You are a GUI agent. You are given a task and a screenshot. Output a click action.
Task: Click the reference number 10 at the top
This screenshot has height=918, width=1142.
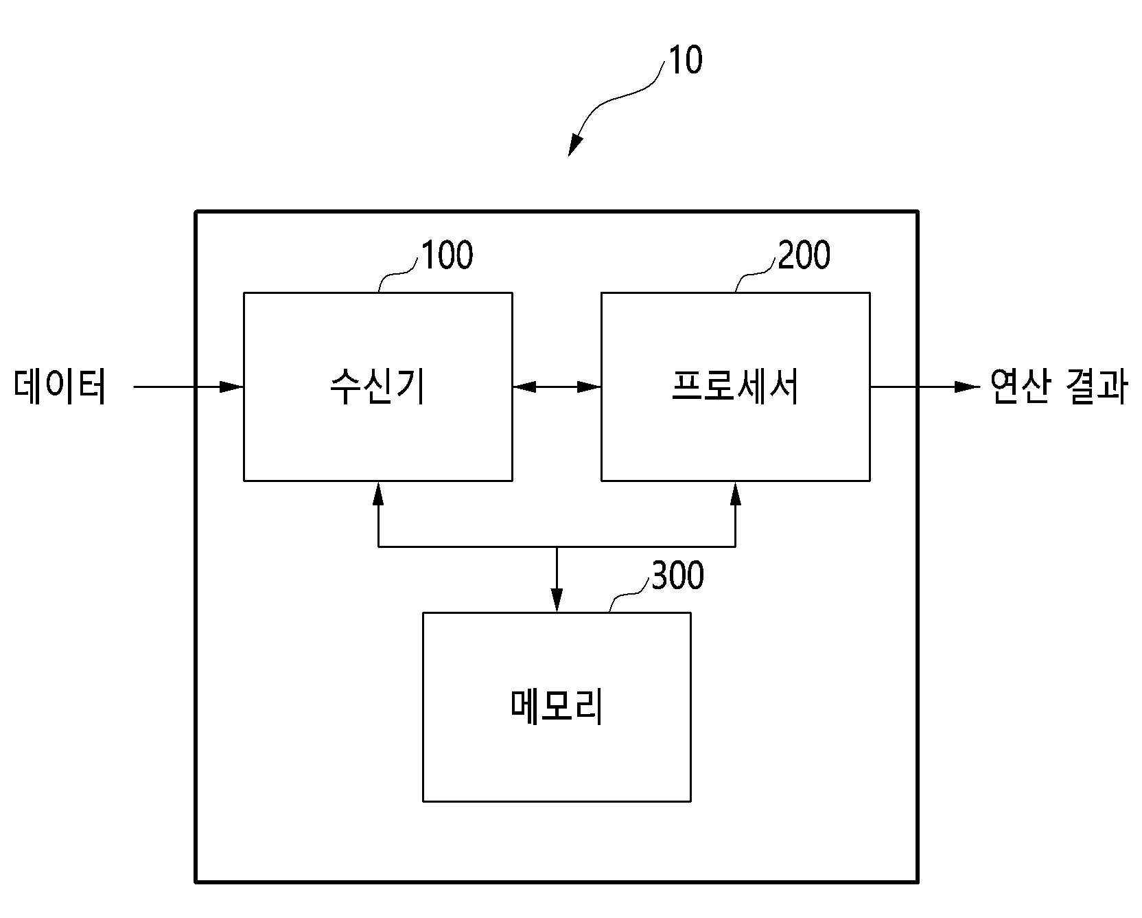tap(685, 60)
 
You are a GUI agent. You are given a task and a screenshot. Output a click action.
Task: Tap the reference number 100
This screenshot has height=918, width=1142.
tap(446, 255)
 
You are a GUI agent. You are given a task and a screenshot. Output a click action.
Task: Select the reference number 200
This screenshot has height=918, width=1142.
tap(803, 255)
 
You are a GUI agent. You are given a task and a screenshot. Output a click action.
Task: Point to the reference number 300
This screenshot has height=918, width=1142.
tap(677, 575)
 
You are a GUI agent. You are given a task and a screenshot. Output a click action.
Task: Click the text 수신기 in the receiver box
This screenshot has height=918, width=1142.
tap(377, 387)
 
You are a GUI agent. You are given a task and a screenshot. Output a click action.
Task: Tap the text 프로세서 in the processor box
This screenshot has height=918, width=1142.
tap(735, 387)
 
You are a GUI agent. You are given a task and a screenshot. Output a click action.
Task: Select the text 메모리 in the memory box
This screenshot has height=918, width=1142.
tap(557, 707)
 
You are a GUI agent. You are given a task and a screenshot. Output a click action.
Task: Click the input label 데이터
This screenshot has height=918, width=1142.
tap(60, 387)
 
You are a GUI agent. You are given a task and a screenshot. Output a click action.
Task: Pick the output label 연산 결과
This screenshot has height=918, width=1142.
tap(1059, 387)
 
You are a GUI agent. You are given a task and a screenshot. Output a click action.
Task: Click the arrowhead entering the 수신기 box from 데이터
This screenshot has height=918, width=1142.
tap(232, 387)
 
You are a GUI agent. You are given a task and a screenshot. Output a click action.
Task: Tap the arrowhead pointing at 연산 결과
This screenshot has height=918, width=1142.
tap(968, 387)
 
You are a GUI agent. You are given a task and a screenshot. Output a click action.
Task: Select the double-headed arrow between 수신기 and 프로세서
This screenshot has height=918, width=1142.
tap(557, 387)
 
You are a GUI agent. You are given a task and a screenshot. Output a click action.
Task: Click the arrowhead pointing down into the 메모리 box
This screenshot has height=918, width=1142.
tap(557, 600)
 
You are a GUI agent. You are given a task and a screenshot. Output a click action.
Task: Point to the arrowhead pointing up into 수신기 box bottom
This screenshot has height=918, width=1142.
tap(378, 494)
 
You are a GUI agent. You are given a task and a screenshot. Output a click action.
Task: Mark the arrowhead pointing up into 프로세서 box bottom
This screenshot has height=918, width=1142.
tap(736, 494)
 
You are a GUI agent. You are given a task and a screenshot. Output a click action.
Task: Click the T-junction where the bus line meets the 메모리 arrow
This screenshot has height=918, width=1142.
tap(557, 547)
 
